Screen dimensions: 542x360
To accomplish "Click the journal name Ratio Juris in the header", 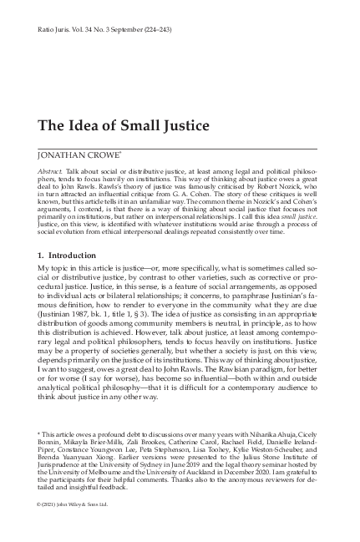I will click(53, 28).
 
